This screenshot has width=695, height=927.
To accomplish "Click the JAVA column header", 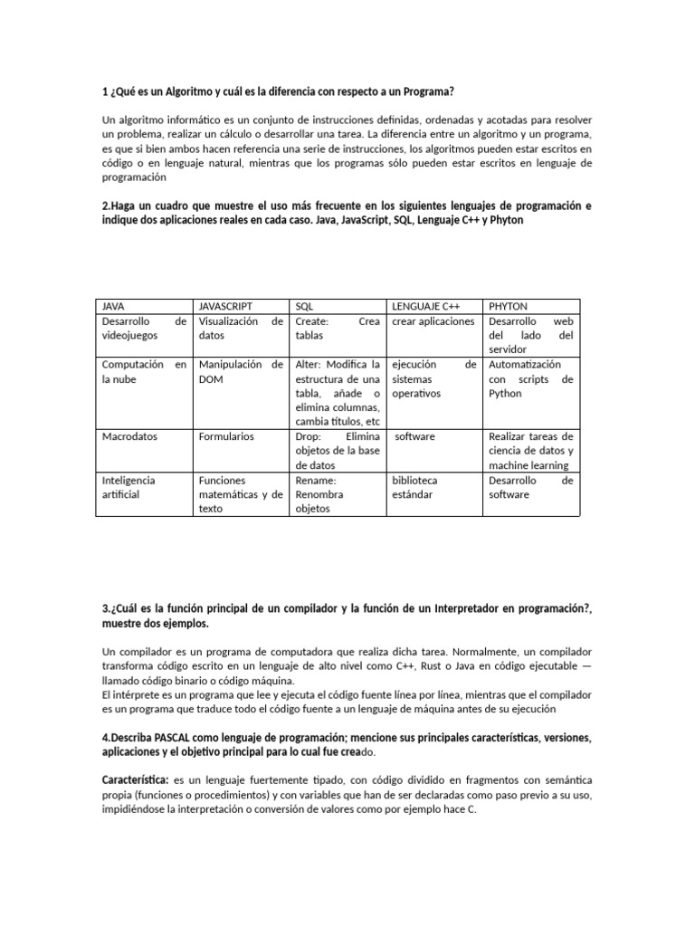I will pyautogui.click(x=116, y=307).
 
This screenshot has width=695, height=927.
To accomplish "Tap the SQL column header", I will pyautogui.click(x=305, y=307).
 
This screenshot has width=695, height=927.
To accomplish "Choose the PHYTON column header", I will pyautogui.click(x=509, y=307).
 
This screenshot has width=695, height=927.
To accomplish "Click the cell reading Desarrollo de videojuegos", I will pyautogui.click(x=144, y=329).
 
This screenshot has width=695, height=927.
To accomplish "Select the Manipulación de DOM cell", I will pyautogui.click(x=241, y=372).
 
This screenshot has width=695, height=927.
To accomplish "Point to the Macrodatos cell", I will pyautogui.click(x=129, y=436).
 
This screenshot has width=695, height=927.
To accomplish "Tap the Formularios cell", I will pyautogui.click(x=226, y=436).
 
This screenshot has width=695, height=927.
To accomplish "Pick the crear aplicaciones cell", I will pyautogui.click(x=433, y=321).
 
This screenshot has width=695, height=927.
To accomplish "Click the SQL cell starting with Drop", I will pyautogui.click(x=337, y=451).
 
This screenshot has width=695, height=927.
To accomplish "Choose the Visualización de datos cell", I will pyautogui.click(x=241, y=329).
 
